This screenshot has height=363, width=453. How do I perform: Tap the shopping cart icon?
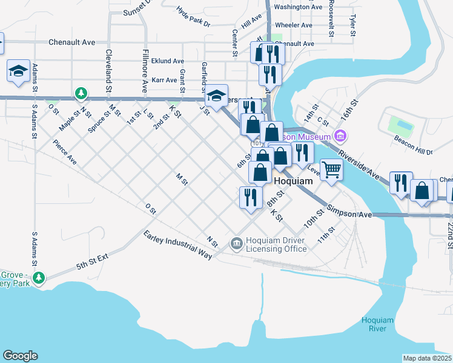(331, 169)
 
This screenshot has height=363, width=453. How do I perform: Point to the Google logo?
(20, 356)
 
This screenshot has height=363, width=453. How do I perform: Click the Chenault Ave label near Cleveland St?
(72, 42)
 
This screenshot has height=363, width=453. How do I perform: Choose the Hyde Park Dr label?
(193, 17)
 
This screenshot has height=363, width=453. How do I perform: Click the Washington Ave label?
(298, 7)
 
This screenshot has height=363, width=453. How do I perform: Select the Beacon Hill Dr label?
(417, 149)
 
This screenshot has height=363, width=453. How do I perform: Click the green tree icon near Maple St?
(80, 94)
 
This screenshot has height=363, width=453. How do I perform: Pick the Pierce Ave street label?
(65, 152)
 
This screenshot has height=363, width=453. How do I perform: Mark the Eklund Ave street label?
(168, 61)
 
